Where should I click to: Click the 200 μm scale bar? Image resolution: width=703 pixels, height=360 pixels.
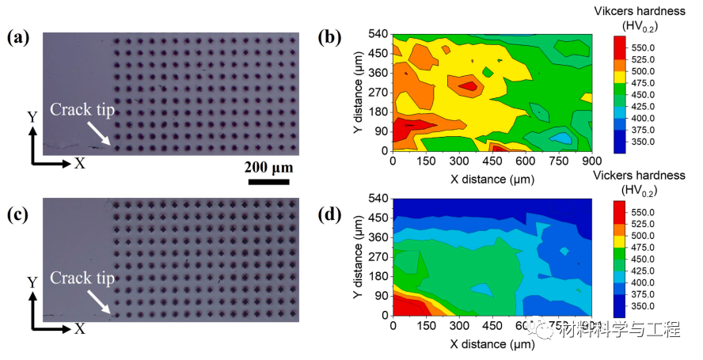coord(267,181)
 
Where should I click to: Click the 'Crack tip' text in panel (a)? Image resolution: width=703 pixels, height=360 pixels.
coord(82,111)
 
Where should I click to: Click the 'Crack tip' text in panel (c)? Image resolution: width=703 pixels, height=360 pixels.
coord(82,278)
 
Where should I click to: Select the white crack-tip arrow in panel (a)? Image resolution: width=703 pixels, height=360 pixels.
coord(100,134)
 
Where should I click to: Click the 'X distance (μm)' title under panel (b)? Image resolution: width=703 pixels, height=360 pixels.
coord(491,179)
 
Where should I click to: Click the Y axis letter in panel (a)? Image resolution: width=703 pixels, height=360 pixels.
coord(32,117)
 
